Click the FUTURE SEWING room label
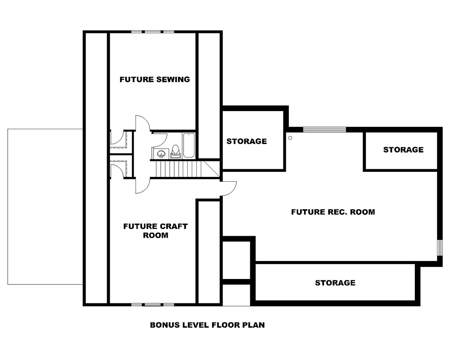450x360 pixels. [154, 80]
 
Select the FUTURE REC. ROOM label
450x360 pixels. [333, 211]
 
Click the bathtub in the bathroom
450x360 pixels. [189, 145]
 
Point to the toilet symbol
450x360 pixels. [175, 152]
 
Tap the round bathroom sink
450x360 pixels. [161, 153]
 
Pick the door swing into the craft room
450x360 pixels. [141, 185]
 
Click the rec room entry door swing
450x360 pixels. [229, 188]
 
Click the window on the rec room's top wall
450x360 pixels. [324, 130]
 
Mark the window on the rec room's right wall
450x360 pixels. [439, 247]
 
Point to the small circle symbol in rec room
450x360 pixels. [290, 138]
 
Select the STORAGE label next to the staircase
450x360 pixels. [246, 141]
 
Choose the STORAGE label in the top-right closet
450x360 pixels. [403, 149]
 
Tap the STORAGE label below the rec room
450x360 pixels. [335, 283]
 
